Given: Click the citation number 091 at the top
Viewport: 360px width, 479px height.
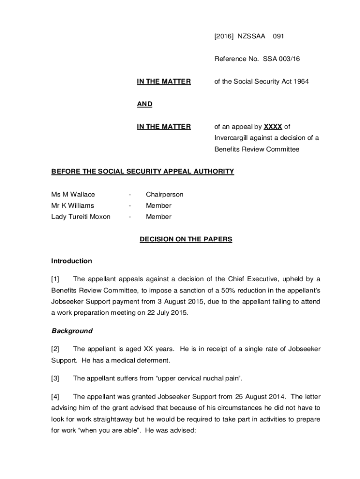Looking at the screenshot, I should (x=279, y=36).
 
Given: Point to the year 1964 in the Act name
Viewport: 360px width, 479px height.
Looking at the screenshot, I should (x=300, y=81).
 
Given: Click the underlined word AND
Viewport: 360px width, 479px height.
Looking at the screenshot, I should (x=144, y=104).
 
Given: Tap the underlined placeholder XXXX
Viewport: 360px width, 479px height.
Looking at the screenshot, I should (x=273, y=126).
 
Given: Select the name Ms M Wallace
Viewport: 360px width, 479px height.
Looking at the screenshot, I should (x=73, y=194).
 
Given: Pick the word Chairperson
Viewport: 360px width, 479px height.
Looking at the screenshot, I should (x=165, y=194).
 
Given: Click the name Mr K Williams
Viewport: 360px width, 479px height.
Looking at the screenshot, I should (x=72, y=205).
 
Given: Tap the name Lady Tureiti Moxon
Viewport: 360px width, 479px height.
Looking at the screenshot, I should (x=81, y=217).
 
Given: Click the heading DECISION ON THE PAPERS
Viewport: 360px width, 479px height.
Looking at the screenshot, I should (x=186, y=239).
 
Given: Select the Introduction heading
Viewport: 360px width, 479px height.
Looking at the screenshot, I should (x=72, y=261).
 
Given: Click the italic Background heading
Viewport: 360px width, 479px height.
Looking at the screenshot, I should (x=72, y=331).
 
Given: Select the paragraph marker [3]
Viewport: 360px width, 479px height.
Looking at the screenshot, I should (x=55, y=378).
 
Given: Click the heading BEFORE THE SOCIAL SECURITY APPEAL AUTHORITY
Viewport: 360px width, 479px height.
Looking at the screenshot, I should (x=143, y=171).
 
